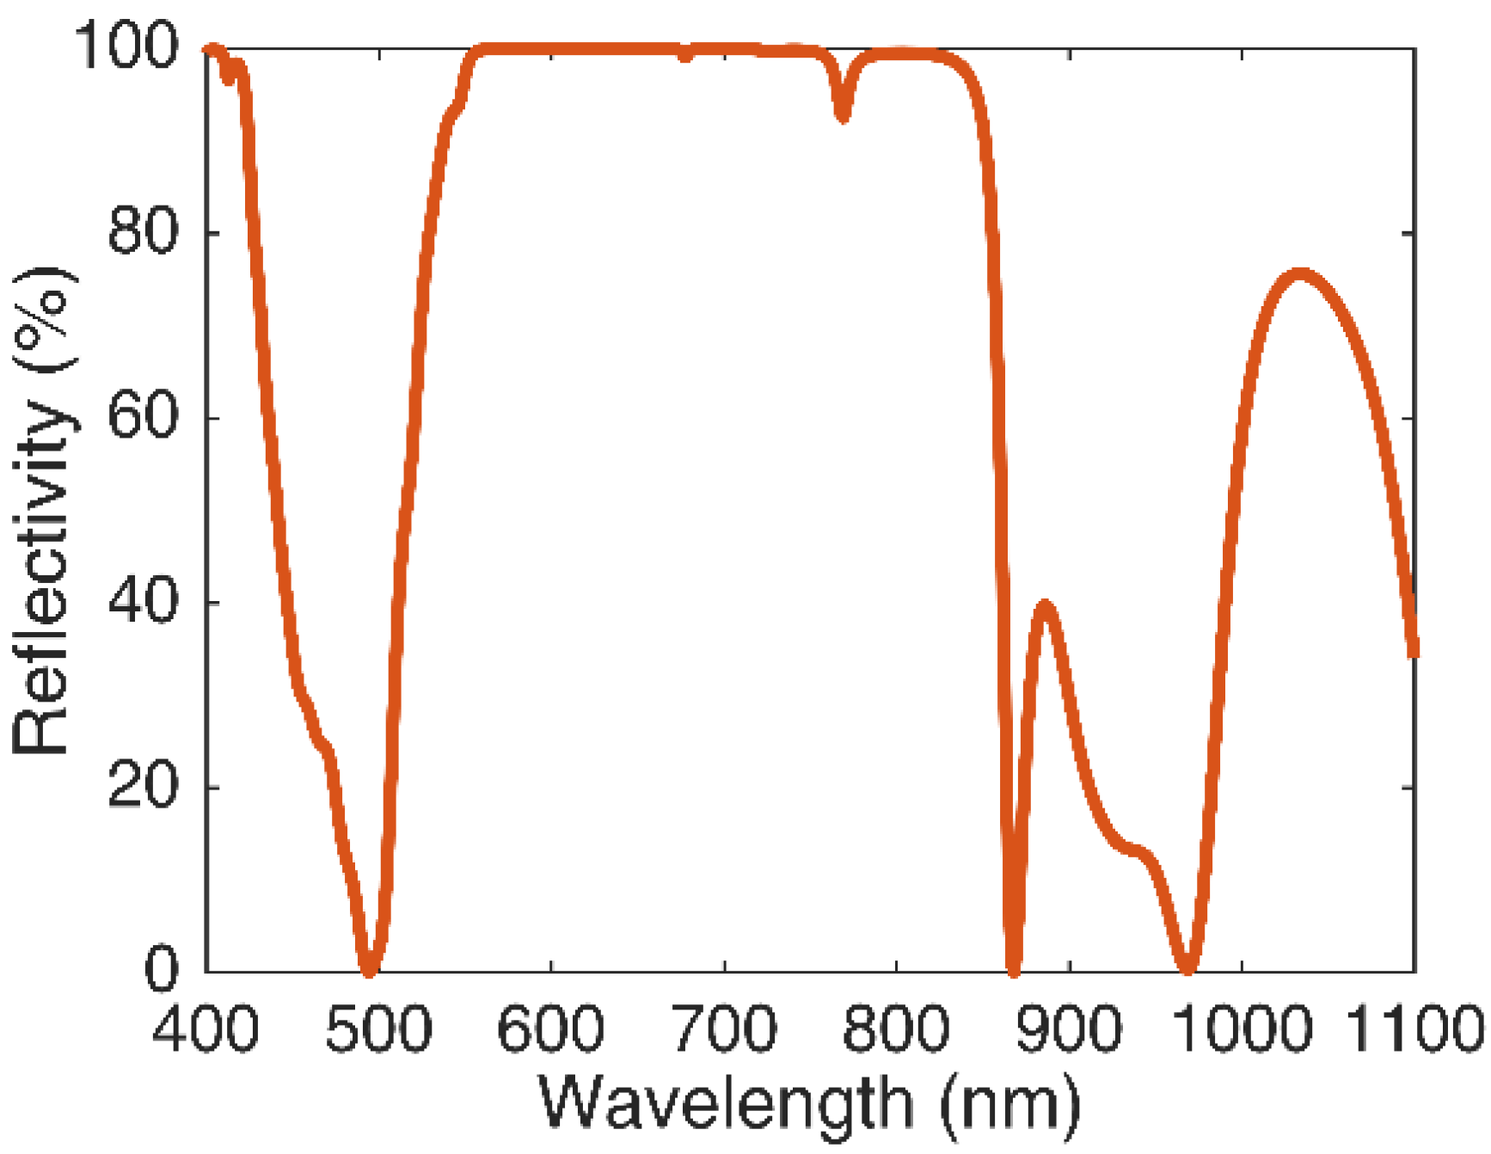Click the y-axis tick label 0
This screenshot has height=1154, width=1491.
[x=162, y=969]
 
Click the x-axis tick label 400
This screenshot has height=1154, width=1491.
[x=206, y=1028]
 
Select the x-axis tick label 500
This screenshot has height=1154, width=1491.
[x=378, y=1028]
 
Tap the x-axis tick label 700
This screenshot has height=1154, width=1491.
[x=724, y=1028]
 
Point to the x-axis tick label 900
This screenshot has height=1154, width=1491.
[x=1069, y=1028]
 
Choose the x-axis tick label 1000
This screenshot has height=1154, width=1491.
[x=1242, y=1028]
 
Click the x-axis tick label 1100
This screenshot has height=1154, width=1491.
[x=1414, y=1028]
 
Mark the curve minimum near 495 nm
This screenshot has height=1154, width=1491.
[x=369, y=970]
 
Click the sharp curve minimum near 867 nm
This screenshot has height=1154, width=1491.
[x=1014, y=970]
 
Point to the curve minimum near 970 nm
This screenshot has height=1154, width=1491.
[x=1188, y=968]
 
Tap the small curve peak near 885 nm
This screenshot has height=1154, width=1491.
[x=1046, y=606]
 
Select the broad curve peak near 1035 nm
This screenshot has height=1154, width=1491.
[x=1301, y=275]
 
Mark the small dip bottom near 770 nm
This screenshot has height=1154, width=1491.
[x=844, y=115]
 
